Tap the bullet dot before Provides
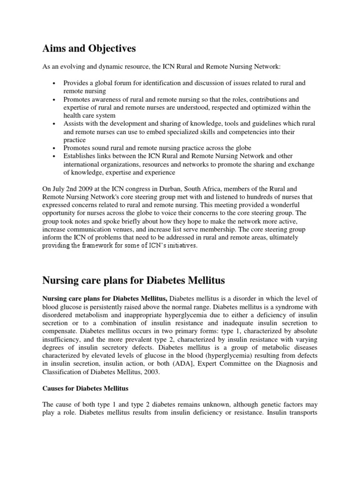(x=55, y=83)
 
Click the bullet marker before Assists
(x=55, y=124)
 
